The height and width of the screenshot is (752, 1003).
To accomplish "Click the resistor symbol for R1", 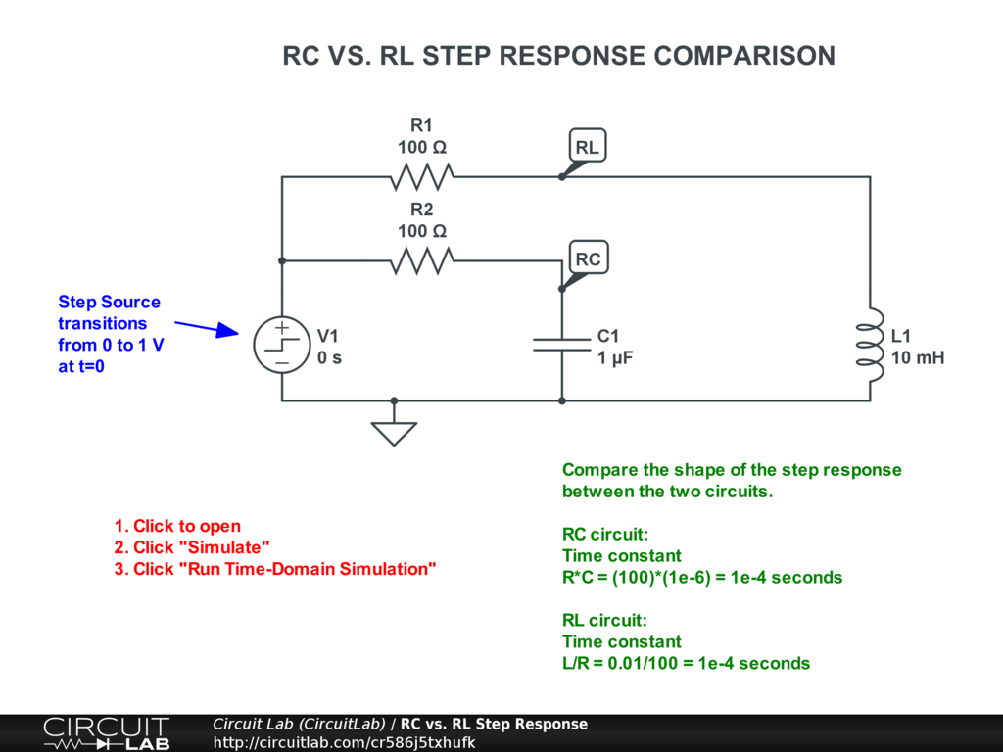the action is point(422,177).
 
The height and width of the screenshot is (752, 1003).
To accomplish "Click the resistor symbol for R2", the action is point(422,260).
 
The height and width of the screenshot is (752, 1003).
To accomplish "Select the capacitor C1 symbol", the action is point(561,345).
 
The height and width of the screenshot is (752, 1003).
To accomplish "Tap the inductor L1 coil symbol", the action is point(870,344).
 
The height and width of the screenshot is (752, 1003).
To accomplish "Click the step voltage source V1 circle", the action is point(282,345).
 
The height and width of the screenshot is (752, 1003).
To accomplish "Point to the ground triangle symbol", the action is point(394,433).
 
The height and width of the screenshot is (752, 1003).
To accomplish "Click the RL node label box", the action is point(588,147).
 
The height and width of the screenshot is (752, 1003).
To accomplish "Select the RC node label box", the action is point(588,258).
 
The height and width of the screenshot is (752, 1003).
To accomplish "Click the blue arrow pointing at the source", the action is point(207,328).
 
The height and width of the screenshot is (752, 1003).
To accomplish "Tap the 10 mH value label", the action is point(917,357).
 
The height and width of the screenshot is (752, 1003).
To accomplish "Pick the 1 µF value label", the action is point(615,358).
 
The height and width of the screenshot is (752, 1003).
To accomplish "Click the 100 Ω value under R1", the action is point(421,147).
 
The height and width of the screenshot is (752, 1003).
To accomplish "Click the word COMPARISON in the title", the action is point(744,56).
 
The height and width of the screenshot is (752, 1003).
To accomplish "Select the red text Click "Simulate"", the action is point(192,547).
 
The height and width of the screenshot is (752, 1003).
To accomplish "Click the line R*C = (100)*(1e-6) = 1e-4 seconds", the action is point(701,578).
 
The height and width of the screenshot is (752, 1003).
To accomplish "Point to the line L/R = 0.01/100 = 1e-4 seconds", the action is point(686,663).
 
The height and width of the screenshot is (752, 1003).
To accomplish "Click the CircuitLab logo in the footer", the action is point(107,732).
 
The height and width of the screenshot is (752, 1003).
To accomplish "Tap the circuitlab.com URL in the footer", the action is point(344,742).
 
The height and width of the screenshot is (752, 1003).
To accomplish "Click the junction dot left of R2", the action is point(282,260).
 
